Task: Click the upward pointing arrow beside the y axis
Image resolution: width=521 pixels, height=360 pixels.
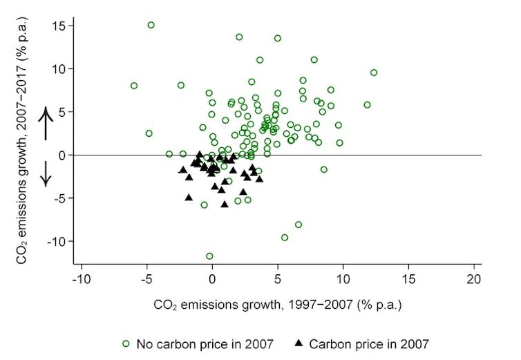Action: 46,123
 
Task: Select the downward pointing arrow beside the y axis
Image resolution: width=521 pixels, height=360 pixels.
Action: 46,173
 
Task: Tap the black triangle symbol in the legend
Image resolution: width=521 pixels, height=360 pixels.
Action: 299,342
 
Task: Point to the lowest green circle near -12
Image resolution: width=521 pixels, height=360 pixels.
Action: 209,256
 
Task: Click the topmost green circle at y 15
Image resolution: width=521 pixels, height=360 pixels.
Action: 151,25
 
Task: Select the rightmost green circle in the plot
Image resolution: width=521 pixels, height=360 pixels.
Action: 374,73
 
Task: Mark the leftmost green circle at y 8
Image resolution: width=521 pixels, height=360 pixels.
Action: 134,86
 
